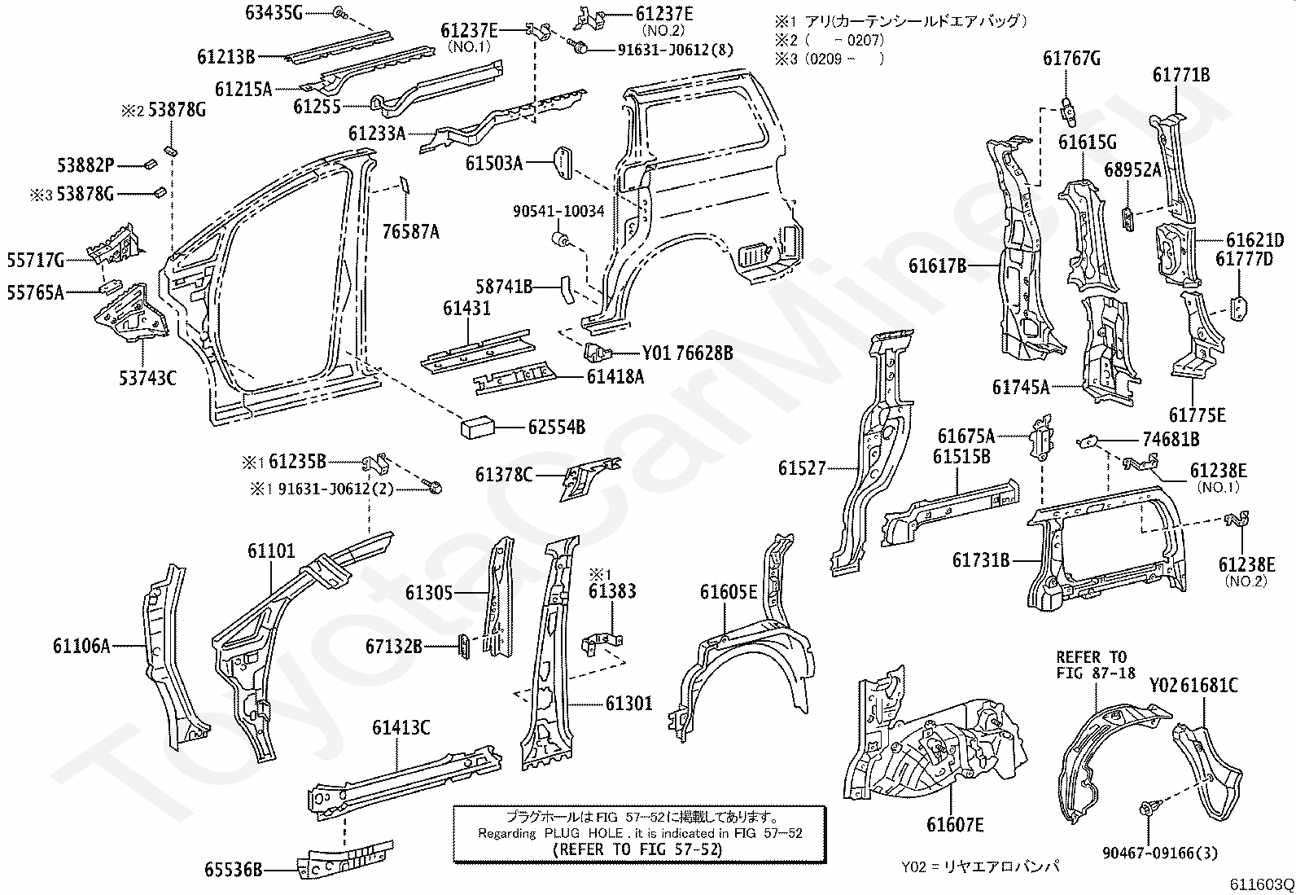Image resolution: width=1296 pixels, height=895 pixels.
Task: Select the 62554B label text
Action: (x=556, y=428)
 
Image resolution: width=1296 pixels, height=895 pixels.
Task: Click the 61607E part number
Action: (x=955, y=826)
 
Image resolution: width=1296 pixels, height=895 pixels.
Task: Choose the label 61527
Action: (x=802, y=468)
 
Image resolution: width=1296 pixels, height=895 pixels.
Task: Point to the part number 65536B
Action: (x=234, y=871)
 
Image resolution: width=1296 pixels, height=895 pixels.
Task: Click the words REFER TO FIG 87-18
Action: (x=1092, y=665)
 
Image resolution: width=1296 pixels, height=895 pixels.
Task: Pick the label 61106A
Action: (x=81, y=647)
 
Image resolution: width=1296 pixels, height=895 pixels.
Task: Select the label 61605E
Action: (x=729, y=592)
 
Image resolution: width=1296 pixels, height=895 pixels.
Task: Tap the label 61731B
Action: (x=981, y=560)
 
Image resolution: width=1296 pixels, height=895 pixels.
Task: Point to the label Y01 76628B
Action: (x=687, y=353)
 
